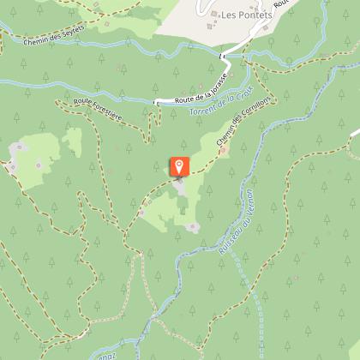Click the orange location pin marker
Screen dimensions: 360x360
[179, 166]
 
